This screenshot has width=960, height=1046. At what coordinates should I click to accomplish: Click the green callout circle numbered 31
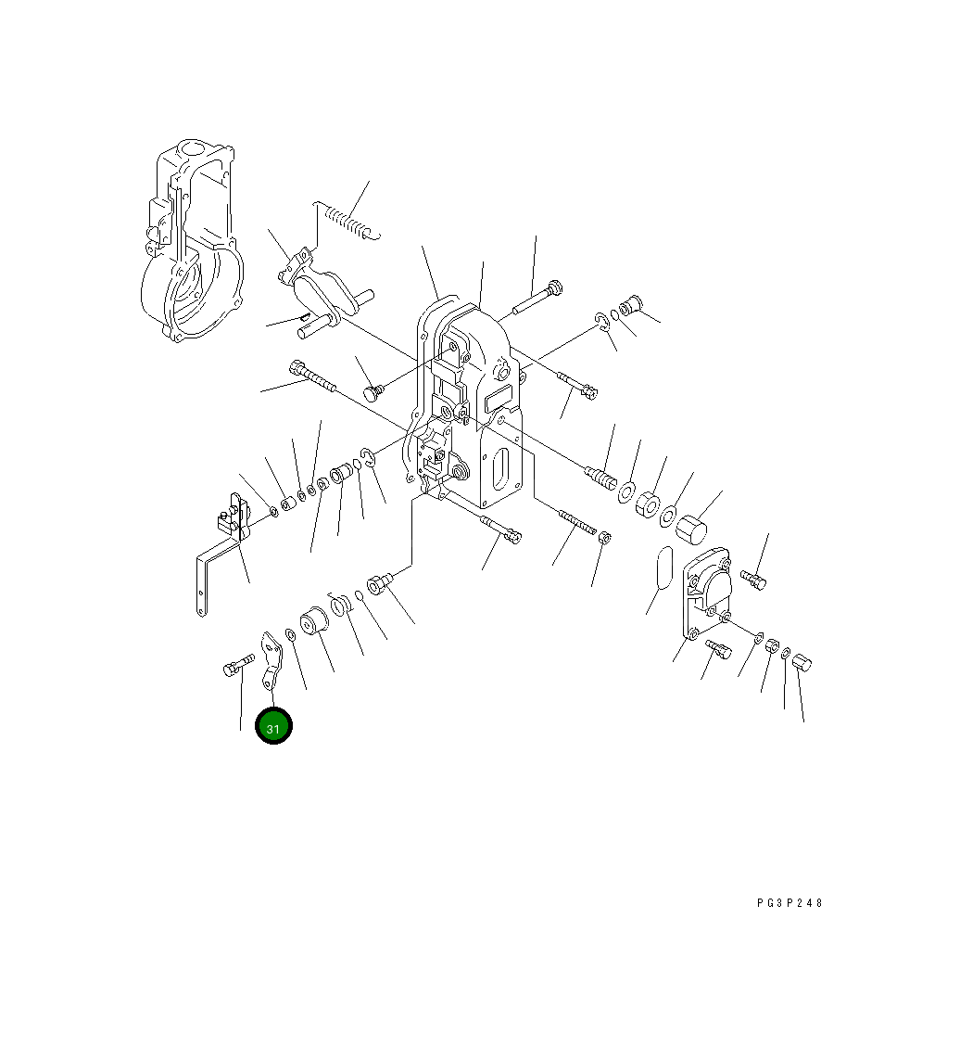(x=273, y=727)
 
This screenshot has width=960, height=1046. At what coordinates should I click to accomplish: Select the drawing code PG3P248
(x=789, y=903)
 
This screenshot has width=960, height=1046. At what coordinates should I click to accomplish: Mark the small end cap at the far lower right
(x=803, y=662)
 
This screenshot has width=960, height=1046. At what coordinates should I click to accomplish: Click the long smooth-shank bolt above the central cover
(x=537, y=300)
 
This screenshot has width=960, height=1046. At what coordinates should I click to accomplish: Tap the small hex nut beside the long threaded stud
(x=604, y=536)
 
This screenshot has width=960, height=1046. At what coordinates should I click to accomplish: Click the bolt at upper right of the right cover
(x=754, y=580)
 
